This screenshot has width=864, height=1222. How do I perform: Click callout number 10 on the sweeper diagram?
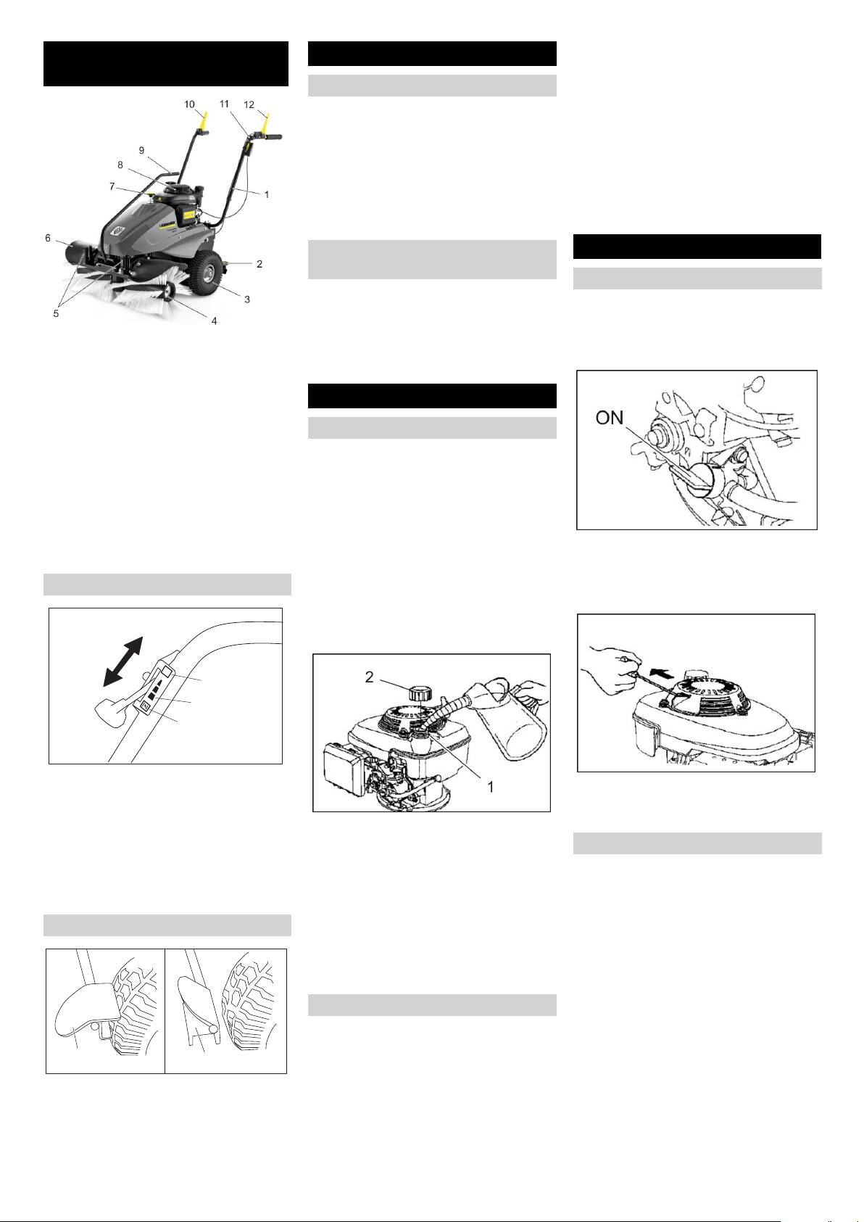point(189,104)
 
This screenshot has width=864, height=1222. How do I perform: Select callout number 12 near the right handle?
point(249,104)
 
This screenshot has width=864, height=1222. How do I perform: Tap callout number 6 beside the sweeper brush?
point(48,238)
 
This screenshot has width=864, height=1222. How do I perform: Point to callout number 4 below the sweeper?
point(215,321)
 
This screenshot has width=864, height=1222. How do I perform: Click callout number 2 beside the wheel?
point(259,264)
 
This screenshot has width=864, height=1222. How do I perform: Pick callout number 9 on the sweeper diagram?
point(142,150)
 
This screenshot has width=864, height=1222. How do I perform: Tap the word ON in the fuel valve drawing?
point(610,418)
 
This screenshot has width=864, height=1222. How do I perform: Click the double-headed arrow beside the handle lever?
point(123,661)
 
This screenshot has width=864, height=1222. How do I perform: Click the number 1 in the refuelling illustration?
point(490,787)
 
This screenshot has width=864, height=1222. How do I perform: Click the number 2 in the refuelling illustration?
point(369,677)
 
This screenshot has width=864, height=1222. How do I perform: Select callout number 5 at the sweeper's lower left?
point(56,314)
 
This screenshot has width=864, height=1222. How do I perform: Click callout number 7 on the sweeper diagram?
point(112,186)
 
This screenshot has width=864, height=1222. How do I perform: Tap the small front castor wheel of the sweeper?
point(167,292)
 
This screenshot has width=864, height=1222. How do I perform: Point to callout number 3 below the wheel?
point(247,299)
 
